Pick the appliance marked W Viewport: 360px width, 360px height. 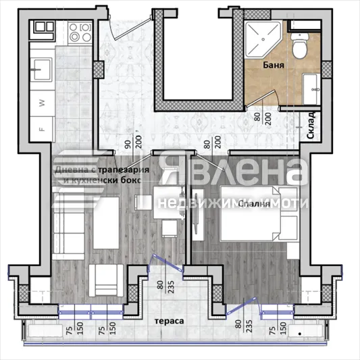[x=42, y=103]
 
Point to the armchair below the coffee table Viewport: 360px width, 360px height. [x=105, y=276]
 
